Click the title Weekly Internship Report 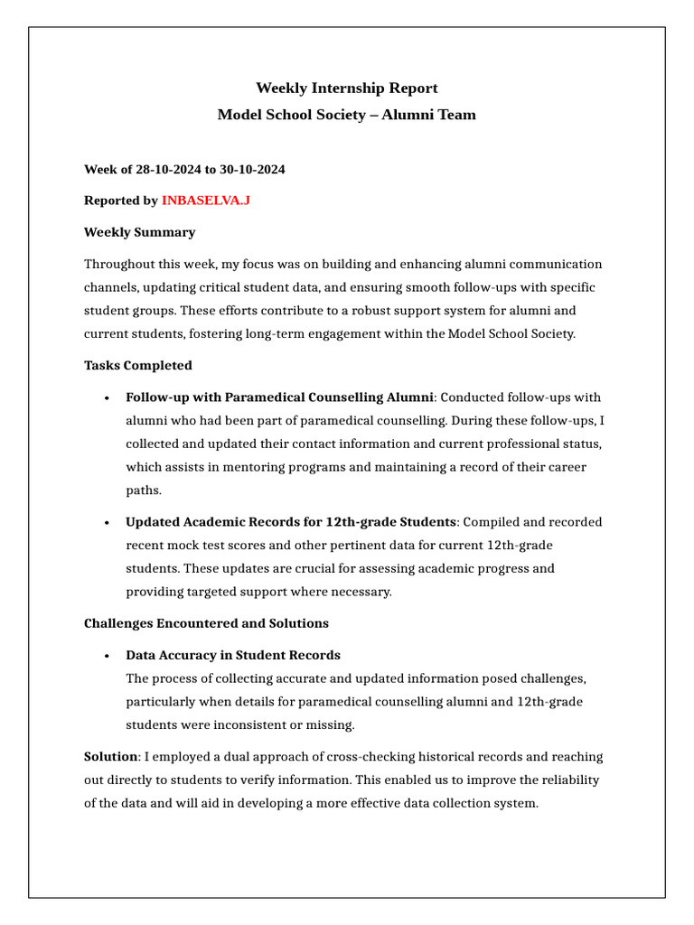pyautogui.click(x=347, y=88)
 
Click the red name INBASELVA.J pyautogui.click(x=205, y=201)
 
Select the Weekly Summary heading pyautogui.click(x=139, y=232)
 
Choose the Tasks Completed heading pyautogui.click(x=137, y=366)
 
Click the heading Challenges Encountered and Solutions pyautogui.click(x=206, y=623)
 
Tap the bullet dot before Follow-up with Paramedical pyautogui.click(x=107, y=398)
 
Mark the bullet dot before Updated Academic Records pyautogui.click(x=107, y=523)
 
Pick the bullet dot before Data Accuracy pyautogui.click(x=107, y=656)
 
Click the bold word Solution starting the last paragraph pyautogui.click(x=110, y=756)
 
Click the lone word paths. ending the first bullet pyautogui.click(x=143, y=491)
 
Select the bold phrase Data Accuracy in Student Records pyautogui.click(x=233, y=655)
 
